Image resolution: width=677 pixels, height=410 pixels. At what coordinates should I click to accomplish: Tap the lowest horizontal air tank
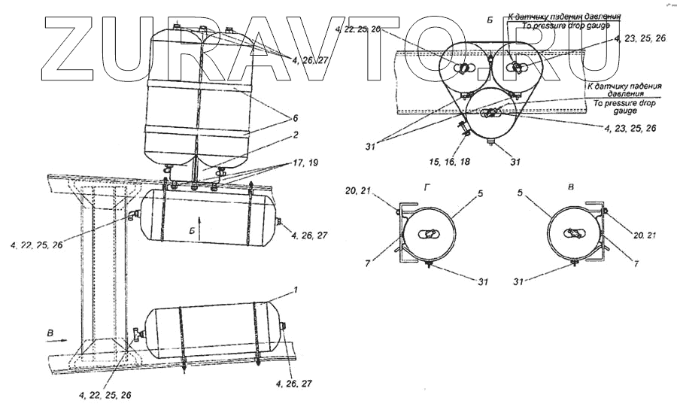point(214,331)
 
